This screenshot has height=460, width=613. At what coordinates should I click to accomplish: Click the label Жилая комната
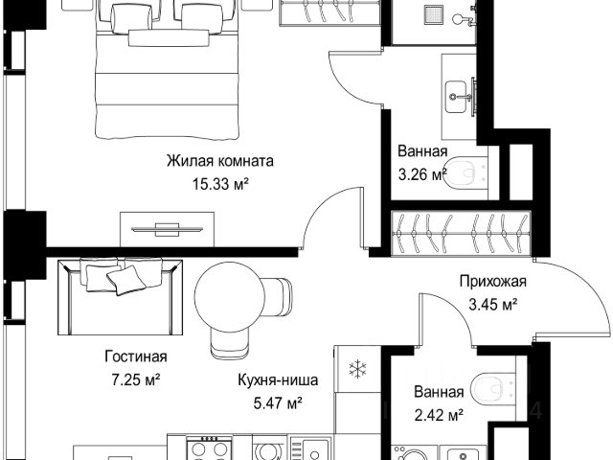220,161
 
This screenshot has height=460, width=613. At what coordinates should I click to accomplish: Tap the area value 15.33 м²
220,183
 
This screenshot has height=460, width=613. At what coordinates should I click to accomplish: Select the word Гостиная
136,356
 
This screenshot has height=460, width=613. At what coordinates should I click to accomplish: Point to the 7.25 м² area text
136,379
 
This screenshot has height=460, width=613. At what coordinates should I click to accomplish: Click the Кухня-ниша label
278,379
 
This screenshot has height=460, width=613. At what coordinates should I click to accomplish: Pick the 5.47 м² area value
278,402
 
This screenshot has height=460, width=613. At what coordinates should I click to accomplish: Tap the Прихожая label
493,281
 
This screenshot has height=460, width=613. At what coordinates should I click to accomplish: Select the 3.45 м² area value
493,304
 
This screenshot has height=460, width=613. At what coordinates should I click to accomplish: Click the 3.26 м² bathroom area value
422,174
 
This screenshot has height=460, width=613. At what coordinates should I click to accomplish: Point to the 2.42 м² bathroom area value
439,415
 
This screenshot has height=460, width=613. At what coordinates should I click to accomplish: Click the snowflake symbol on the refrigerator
357,369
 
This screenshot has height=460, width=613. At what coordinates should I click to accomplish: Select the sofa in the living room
121,296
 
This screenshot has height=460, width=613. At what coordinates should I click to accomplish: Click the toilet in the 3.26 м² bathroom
466,172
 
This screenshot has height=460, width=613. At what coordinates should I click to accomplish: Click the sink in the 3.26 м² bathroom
456,97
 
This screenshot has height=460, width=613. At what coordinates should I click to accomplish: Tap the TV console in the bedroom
167,229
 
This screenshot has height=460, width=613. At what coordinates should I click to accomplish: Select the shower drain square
434,15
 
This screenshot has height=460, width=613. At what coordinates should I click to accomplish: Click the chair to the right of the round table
279,296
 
